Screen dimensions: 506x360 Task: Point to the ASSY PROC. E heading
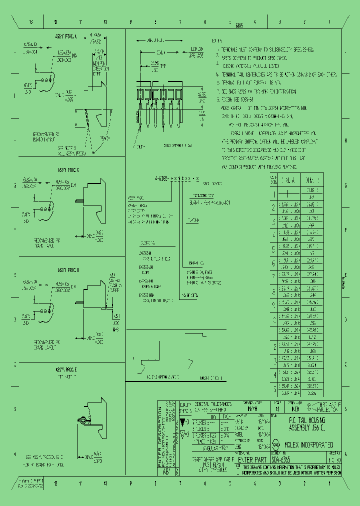click(x=66, y=369)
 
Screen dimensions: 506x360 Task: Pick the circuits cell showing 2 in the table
click(x=273, y=207)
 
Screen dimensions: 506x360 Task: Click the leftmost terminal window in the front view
click(x=141, y=95)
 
